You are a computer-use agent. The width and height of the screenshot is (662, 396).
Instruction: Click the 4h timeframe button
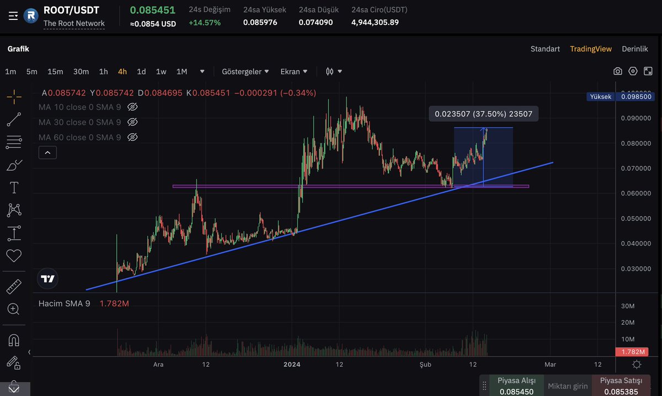(122, 71)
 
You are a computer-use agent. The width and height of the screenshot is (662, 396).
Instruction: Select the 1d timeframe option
(141, 71)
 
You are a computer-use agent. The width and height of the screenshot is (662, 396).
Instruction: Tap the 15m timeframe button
(55, 71)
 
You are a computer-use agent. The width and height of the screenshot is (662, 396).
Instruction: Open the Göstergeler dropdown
(245, 71)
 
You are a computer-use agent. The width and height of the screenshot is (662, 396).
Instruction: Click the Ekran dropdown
(294, 71)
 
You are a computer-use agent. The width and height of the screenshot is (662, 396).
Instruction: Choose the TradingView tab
(591, 49)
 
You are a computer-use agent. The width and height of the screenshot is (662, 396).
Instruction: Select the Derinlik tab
(634, 49)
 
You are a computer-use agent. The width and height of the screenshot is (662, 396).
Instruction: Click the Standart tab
(545, 49)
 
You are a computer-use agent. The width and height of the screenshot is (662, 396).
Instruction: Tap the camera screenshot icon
(618, 71)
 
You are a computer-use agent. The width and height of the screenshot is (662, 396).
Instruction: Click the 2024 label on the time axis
(291, 365)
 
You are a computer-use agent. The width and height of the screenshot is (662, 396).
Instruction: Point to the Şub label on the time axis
(425, 365)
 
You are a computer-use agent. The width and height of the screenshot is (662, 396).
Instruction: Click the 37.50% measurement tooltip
(484, 114)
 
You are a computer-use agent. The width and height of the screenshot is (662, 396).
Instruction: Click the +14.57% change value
(205, 23)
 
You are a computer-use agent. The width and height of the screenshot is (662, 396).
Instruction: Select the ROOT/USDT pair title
(71, 10)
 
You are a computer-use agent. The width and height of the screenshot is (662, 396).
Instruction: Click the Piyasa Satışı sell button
(621, 386)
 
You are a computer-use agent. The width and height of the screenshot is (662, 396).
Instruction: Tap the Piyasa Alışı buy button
(516, 386)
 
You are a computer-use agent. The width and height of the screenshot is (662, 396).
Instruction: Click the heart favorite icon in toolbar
(14, 256)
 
